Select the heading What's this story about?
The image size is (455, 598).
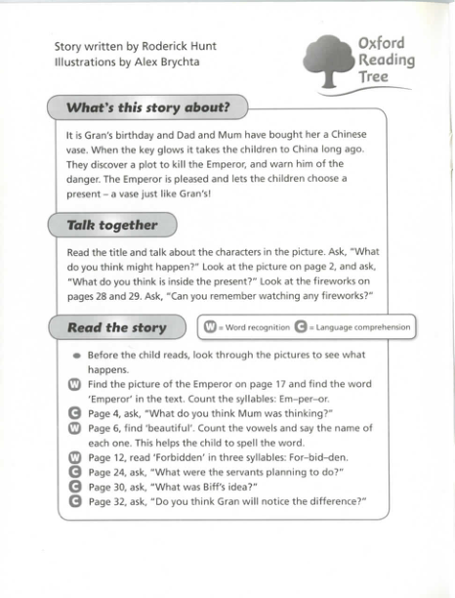147,107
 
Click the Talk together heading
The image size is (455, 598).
111,225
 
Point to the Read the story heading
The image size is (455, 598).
116,327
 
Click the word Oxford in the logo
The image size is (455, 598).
381,44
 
